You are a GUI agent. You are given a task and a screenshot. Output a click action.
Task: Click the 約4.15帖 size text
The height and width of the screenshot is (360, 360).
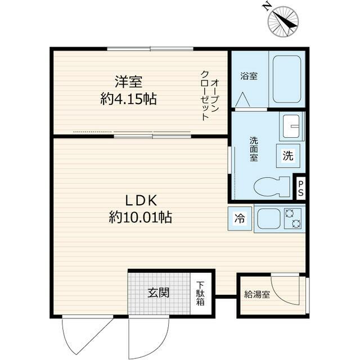128,100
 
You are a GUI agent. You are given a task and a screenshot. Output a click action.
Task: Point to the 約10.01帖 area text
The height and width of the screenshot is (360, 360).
141,217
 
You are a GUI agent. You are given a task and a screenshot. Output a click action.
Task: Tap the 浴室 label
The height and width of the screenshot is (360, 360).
249,76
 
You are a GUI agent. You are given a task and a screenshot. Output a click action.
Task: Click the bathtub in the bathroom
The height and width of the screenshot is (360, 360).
286,78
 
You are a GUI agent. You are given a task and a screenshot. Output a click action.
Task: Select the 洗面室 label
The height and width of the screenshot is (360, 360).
254,150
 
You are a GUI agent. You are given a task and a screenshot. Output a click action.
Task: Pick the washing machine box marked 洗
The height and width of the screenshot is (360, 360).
287,156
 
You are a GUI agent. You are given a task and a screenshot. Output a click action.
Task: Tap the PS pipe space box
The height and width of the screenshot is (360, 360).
301,188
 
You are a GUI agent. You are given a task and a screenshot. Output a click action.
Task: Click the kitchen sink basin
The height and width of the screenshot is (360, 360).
269,219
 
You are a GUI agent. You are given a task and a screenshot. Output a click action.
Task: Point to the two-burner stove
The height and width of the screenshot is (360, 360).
294,218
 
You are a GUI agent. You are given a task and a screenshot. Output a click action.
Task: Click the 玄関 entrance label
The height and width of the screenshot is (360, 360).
159,293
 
